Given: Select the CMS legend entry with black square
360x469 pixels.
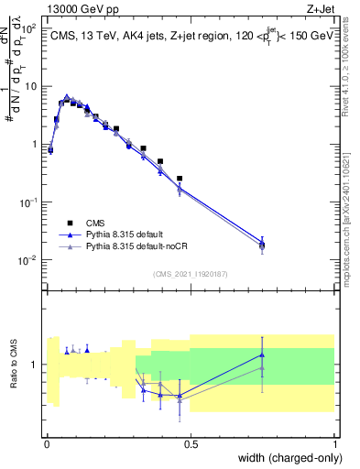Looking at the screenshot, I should coord(93,223).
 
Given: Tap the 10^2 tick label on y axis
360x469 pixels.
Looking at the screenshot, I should coord(30,29).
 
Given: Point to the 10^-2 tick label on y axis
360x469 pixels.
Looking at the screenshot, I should coord(30,260).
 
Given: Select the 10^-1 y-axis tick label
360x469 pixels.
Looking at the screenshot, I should coord(30,202).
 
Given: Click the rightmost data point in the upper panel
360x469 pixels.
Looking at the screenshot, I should coord(262,244).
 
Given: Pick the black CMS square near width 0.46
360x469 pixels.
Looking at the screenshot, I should coord(180,179).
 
